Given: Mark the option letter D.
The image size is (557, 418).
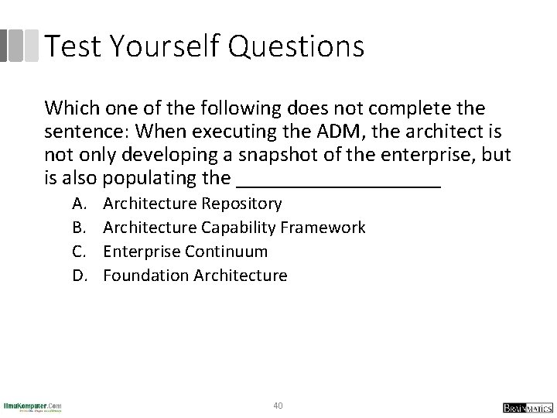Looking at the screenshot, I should point(80,276).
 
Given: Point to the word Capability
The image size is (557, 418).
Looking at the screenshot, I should point(240,228).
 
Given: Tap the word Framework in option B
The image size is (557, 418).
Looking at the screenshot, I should point(324,228).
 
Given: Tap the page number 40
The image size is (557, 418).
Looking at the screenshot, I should point(278,405).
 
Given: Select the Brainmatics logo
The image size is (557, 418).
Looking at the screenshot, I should point(525,406).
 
